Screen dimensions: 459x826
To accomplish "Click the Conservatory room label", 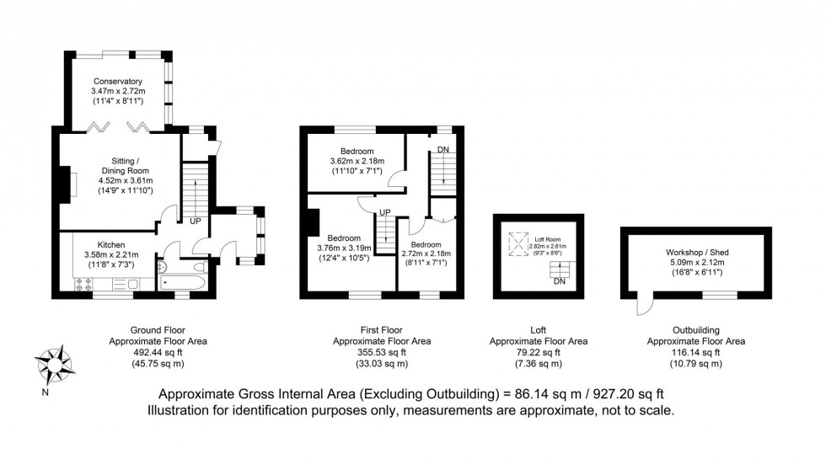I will (117, 81).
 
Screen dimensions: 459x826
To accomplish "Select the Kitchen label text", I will (111, 243).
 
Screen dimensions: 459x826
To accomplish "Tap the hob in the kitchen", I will (85, 286).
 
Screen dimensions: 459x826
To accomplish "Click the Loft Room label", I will (549, 238).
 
